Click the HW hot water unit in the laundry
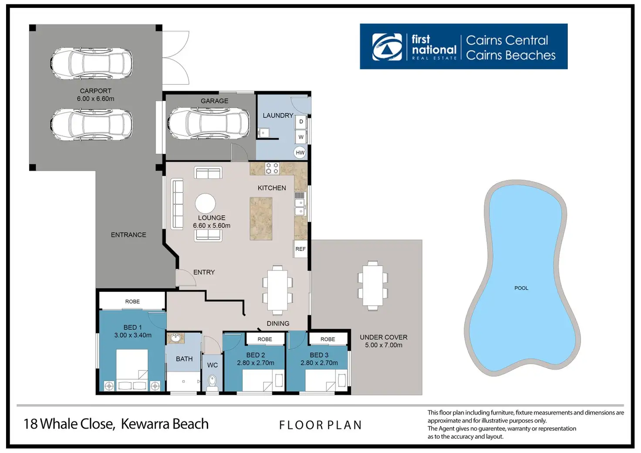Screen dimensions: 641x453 tap(300, 152)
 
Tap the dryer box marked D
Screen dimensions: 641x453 tap(301, 122)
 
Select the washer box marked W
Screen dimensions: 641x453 tap(301, 137)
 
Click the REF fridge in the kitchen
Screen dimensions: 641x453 tap(300, 249)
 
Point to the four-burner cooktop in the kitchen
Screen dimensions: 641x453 tap(272, 169)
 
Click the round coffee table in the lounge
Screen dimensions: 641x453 tap(205, 203)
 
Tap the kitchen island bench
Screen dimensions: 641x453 tap(261, 219)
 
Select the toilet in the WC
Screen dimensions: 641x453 tap(213, 382)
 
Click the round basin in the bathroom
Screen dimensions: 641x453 tap(176, 338)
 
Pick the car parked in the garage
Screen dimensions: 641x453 tap(209, 124)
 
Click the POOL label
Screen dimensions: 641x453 tap(521, 288)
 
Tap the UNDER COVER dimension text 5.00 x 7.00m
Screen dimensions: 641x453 tap(384, 345)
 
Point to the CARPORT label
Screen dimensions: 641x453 tap(95, 91)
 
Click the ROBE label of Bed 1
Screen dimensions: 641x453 tap(132, 301)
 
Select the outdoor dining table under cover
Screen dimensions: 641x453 tap(372, 286)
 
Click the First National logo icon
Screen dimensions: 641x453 tap(387, 47)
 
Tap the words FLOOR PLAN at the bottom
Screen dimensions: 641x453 tap(320, 425)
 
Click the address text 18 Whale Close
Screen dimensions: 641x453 tap(69, 424)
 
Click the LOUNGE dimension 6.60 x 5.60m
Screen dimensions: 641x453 tap(212, 226)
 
